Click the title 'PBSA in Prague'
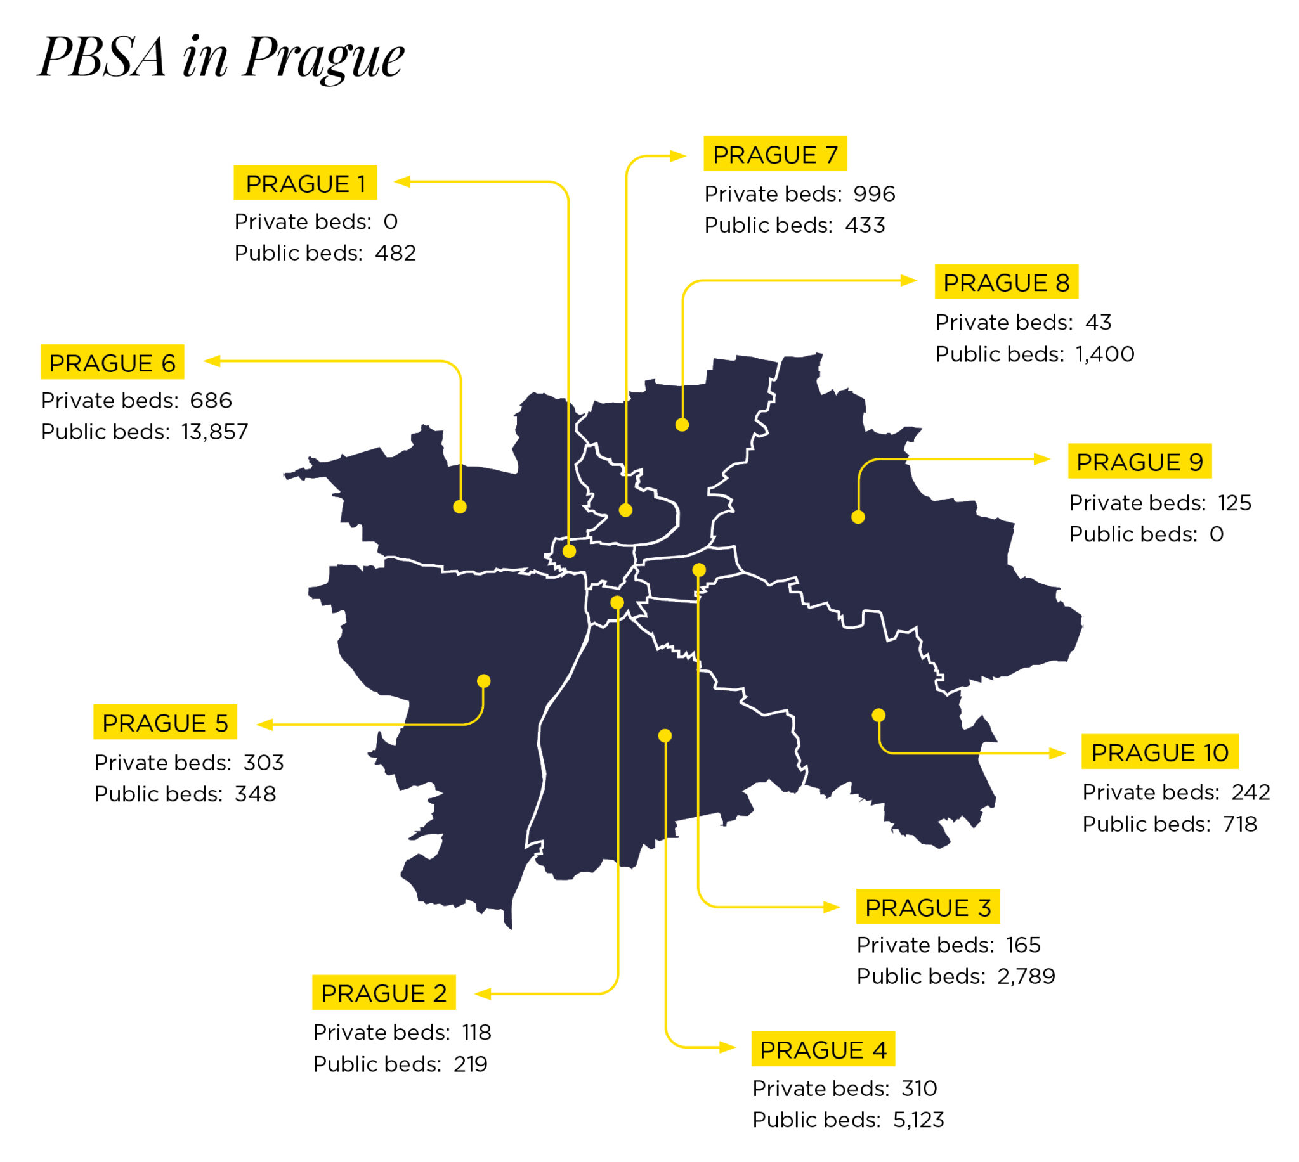pos(220,58)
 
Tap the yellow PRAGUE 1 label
pos(305,183)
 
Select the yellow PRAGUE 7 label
pos(774,154)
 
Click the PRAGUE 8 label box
pos(1006,282)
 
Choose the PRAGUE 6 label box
pos(112,363)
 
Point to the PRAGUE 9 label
pos(1139,462)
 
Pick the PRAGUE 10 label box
pos(1159,752)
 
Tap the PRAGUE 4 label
pos(823,1050)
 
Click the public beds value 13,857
pos(214,432)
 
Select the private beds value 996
pos(873,193)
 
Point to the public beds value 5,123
pos(918,1120)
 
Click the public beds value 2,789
pos(1026,976)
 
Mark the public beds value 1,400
pos(1104,354)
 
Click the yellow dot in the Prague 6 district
pos(460,507)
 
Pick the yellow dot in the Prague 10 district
pos(878,715)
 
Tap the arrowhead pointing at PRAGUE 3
pos(832,907)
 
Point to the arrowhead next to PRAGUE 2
pos(483,994)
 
